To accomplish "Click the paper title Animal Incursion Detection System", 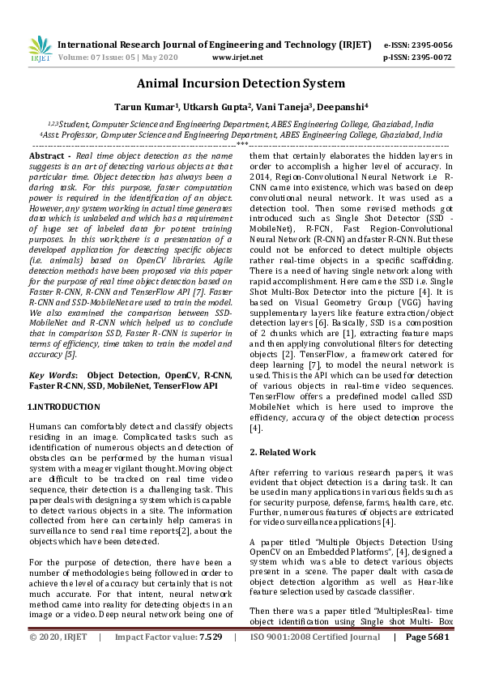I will coord(241,84).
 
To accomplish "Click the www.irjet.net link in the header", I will coord(237,58).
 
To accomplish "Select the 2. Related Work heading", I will coord(283,452).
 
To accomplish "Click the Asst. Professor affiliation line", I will coord(241,134).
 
